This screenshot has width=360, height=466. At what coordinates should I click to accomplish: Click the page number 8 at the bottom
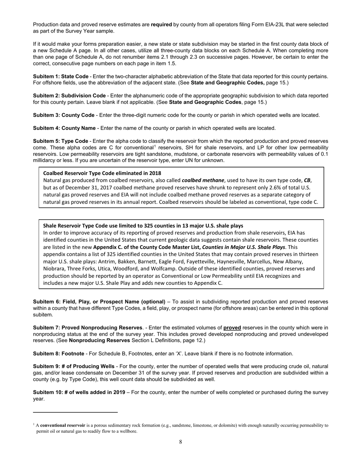tap(180, 441)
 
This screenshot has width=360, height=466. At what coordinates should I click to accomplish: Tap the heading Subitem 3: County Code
tap(64, 115)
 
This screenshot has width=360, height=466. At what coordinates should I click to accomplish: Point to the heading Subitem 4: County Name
tap(64, 128)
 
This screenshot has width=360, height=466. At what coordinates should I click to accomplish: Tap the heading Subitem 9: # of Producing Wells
tap(74, 366)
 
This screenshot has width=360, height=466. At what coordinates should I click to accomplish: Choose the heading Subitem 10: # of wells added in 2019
tap(79, 392)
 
